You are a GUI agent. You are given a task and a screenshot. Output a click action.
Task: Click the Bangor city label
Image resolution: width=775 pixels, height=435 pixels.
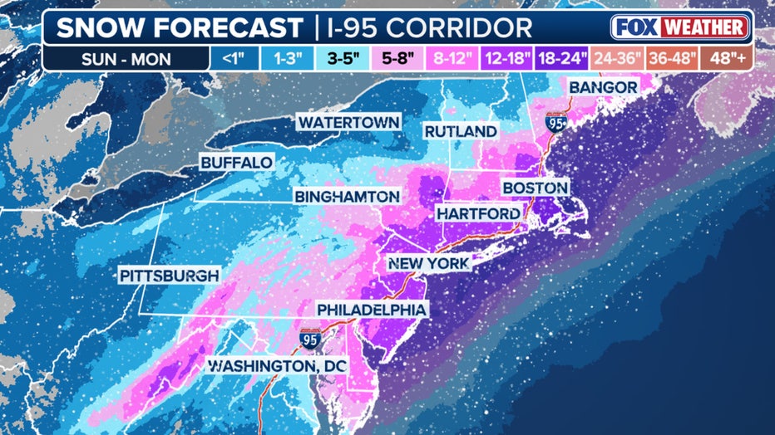click(603, 88)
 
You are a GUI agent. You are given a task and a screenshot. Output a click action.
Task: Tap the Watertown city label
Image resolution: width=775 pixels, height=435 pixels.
click(348, 122)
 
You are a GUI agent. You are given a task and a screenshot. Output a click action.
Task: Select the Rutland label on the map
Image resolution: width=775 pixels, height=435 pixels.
click(461, 131)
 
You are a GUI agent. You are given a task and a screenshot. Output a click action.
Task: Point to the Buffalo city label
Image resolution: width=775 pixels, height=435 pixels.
click(236, 163)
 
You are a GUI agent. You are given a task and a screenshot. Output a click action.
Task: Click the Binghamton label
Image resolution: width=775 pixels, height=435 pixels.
click(347, 197)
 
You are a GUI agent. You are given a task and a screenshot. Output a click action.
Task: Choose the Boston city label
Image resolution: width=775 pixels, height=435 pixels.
click(536, 188)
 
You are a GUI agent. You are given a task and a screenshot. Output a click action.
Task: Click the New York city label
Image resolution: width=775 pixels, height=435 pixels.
click(429, 263)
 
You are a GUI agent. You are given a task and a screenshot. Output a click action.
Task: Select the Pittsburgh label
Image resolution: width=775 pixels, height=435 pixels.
click(169, 275)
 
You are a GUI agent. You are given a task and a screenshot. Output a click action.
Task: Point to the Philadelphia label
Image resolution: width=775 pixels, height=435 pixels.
click(373, 310)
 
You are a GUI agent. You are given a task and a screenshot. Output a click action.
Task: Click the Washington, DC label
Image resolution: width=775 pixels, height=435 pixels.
click(276, 365)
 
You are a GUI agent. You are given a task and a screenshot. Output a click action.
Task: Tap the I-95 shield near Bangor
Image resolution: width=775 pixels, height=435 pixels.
click(554, 124)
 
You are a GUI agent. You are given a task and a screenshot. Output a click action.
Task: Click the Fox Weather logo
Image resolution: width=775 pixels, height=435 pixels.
click(679, 27)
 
